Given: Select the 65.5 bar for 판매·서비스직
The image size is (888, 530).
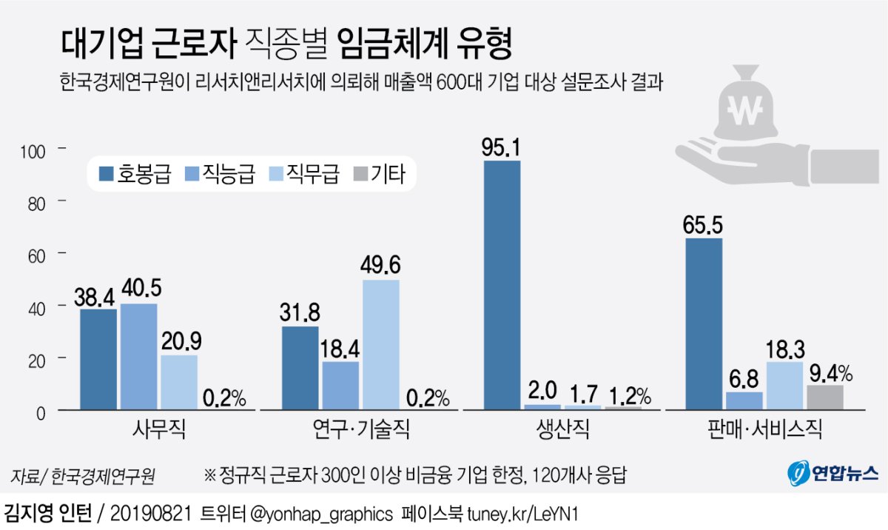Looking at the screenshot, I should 704,323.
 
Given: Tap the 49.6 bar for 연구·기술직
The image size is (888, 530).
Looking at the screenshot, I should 381,344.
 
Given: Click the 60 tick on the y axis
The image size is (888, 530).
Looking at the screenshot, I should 36,255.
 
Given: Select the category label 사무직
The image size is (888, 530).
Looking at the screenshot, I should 159,430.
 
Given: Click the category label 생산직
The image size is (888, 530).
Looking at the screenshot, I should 563,430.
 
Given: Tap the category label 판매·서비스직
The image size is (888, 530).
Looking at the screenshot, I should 765,430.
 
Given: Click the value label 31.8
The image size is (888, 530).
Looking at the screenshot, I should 299,311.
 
